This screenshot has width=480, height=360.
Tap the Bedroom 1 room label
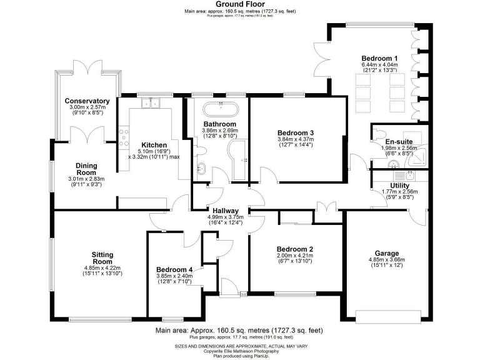coord(379,57)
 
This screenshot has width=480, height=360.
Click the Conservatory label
coord(87,101)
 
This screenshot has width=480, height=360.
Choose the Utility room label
coord(399,186)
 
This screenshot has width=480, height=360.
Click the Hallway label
coord(224,211)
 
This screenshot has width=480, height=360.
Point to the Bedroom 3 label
coord(295,132)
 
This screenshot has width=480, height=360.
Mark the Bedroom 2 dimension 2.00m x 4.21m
coord(294,256)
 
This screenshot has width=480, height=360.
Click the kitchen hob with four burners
coord(124,134)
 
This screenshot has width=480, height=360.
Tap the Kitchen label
coord(154,144)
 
